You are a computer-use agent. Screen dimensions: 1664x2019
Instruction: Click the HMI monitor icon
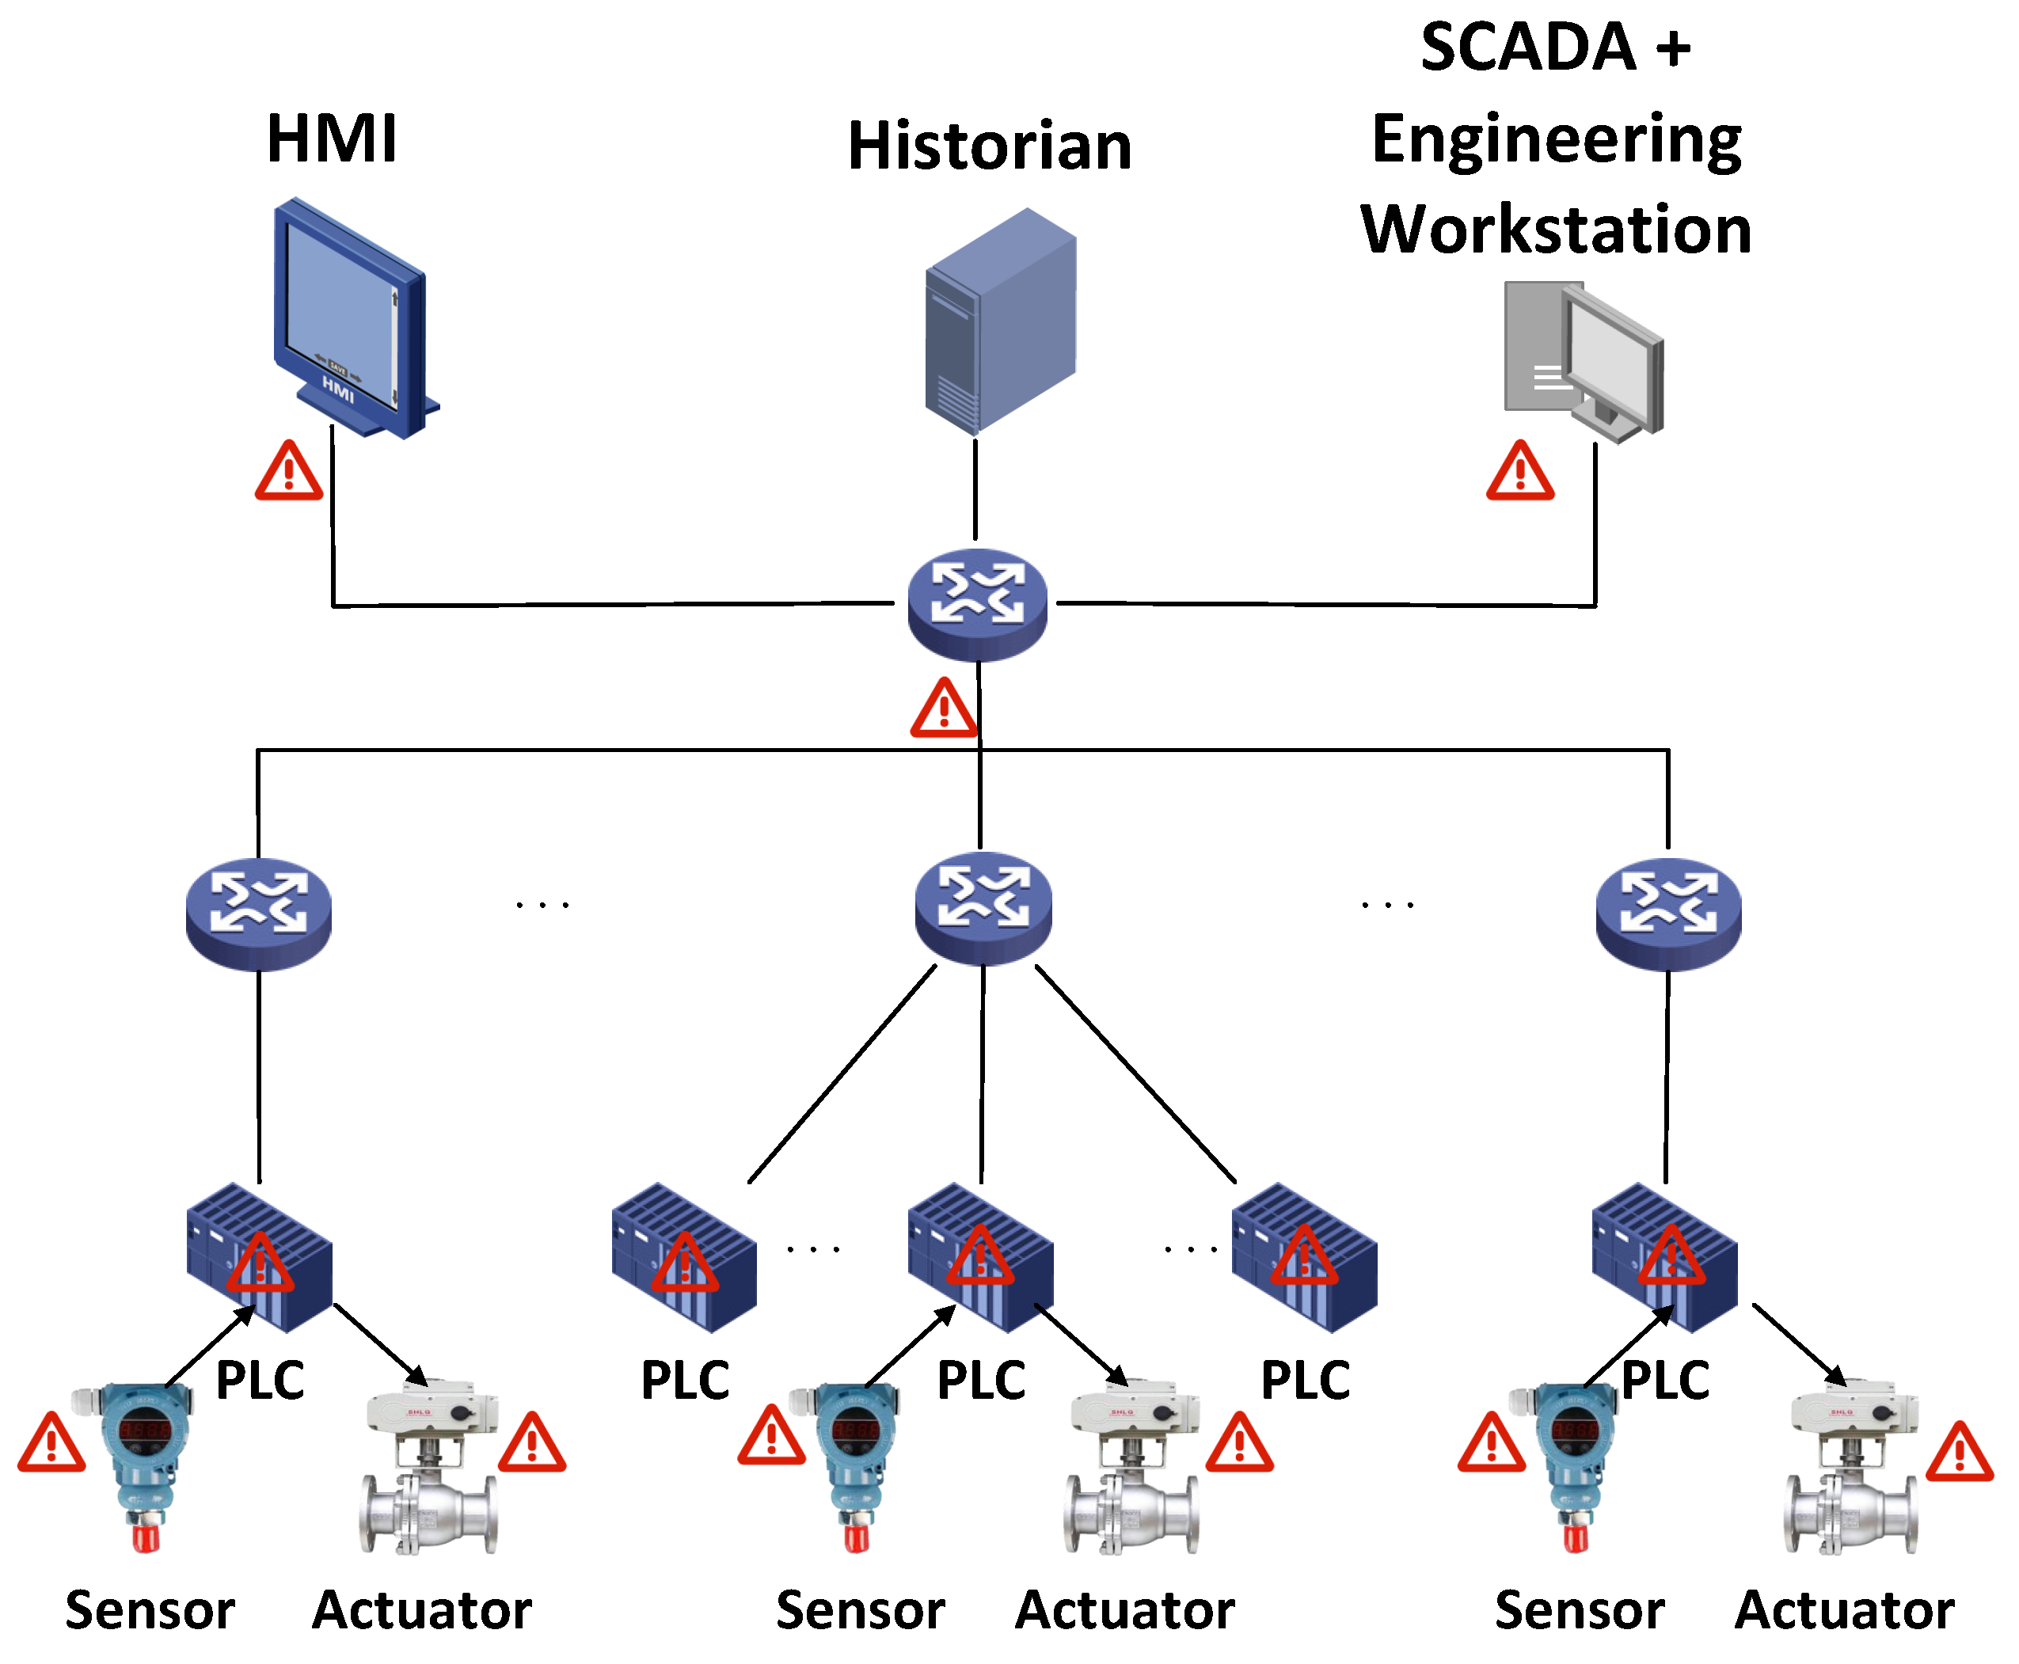coord(350,317)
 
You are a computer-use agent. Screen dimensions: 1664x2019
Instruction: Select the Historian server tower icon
coord(999,321)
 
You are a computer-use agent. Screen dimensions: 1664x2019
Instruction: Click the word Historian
coord(990,146)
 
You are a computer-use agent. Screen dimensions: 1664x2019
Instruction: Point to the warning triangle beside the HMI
coord(288,473)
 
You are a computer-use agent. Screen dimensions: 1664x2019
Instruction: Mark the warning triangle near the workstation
coord(1519,473)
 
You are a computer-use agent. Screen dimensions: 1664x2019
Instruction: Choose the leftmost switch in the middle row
coord(258,913)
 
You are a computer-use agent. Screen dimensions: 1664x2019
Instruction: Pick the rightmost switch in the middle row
coord(1668,913)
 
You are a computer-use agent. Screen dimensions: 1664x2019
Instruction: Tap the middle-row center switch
coord(983,906)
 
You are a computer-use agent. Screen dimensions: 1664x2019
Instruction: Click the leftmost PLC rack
coord(259,1258)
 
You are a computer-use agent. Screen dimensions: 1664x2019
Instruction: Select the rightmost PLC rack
coord(1664,1258)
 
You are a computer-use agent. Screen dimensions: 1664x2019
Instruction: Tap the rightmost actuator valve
coord(1852,1467)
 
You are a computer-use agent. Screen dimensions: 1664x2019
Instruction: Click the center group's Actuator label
coord(1124,1610)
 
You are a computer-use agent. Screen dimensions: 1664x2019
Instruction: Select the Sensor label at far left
coord(150,1610)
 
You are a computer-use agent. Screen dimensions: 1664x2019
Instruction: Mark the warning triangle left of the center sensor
coord(771,1438)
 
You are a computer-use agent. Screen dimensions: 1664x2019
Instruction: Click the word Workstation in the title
coord(1555,230)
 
